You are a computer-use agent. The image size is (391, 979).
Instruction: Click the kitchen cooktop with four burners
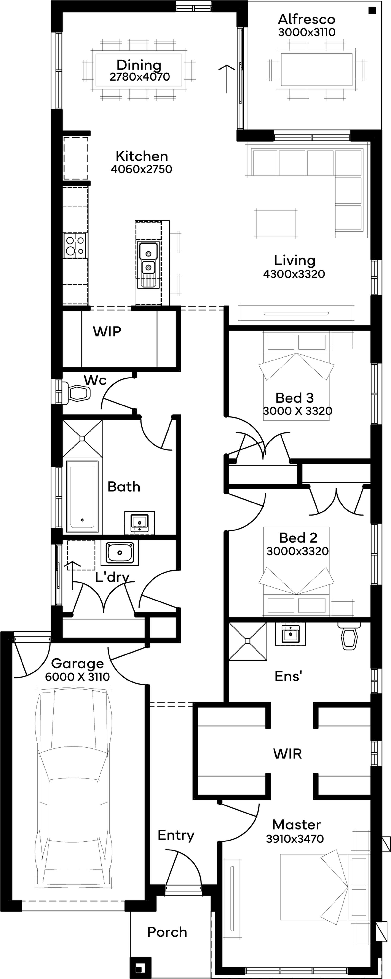point(75,245)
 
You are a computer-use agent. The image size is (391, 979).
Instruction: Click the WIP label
point(107,331)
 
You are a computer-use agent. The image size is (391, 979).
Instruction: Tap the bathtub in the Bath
point(82,496)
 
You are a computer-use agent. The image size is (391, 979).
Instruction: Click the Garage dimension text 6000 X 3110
point(77,676)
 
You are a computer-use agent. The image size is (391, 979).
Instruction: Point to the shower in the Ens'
point(248,641)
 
